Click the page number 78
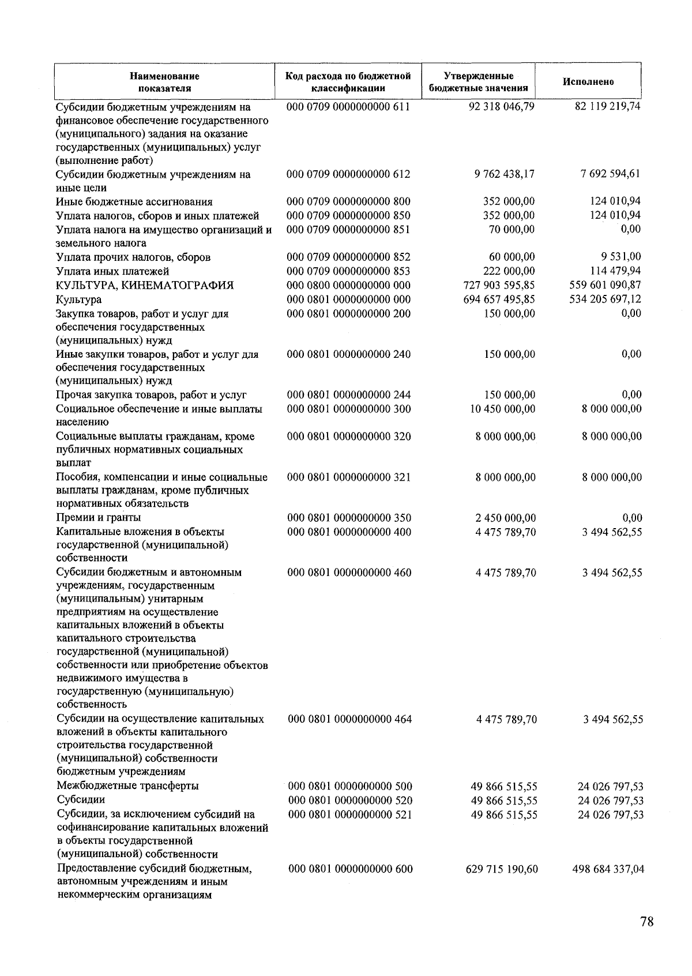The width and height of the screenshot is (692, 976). (646, 922)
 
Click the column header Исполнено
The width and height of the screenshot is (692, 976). (588, 82)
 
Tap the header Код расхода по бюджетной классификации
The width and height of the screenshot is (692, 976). (348, 82)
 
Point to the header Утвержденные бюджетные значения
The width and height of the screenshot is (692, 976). (479, 82)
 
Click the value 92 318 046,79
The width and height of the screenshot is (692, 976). (501, 107)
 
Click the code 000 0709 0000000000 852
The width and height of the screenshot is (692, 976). (349, 257)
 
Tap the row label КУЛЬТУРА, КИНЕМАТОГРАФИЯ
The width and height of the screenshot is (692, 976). (145, 285)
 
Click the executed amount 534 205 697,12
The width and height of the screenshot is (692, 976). (605, 299)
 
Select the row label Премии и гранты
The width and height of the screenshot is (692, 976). (99, 517)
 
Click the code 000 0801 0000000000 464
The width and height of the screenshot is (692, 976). (349, 719)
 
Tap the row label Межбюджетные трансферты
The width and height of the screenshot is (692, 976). (128, 786)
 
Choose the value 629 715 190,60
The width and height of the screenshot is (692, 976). (501, 869)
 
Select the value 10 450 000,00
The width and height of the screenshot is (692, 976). (502, 409)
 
